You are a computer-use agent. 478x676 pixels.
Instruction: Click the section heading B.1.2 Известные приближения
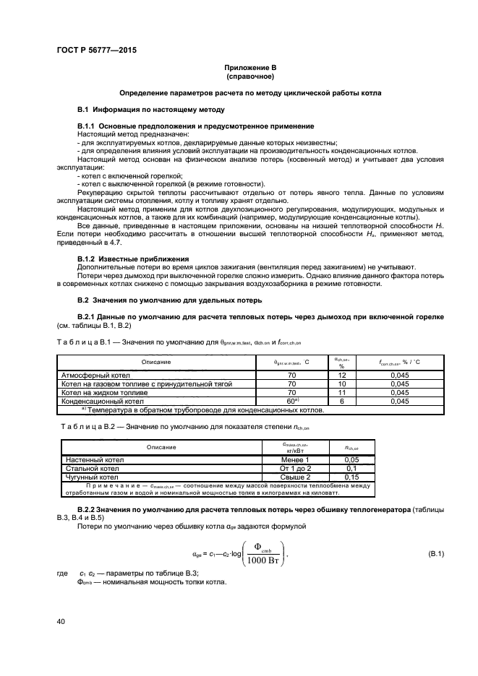point(133,258)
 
